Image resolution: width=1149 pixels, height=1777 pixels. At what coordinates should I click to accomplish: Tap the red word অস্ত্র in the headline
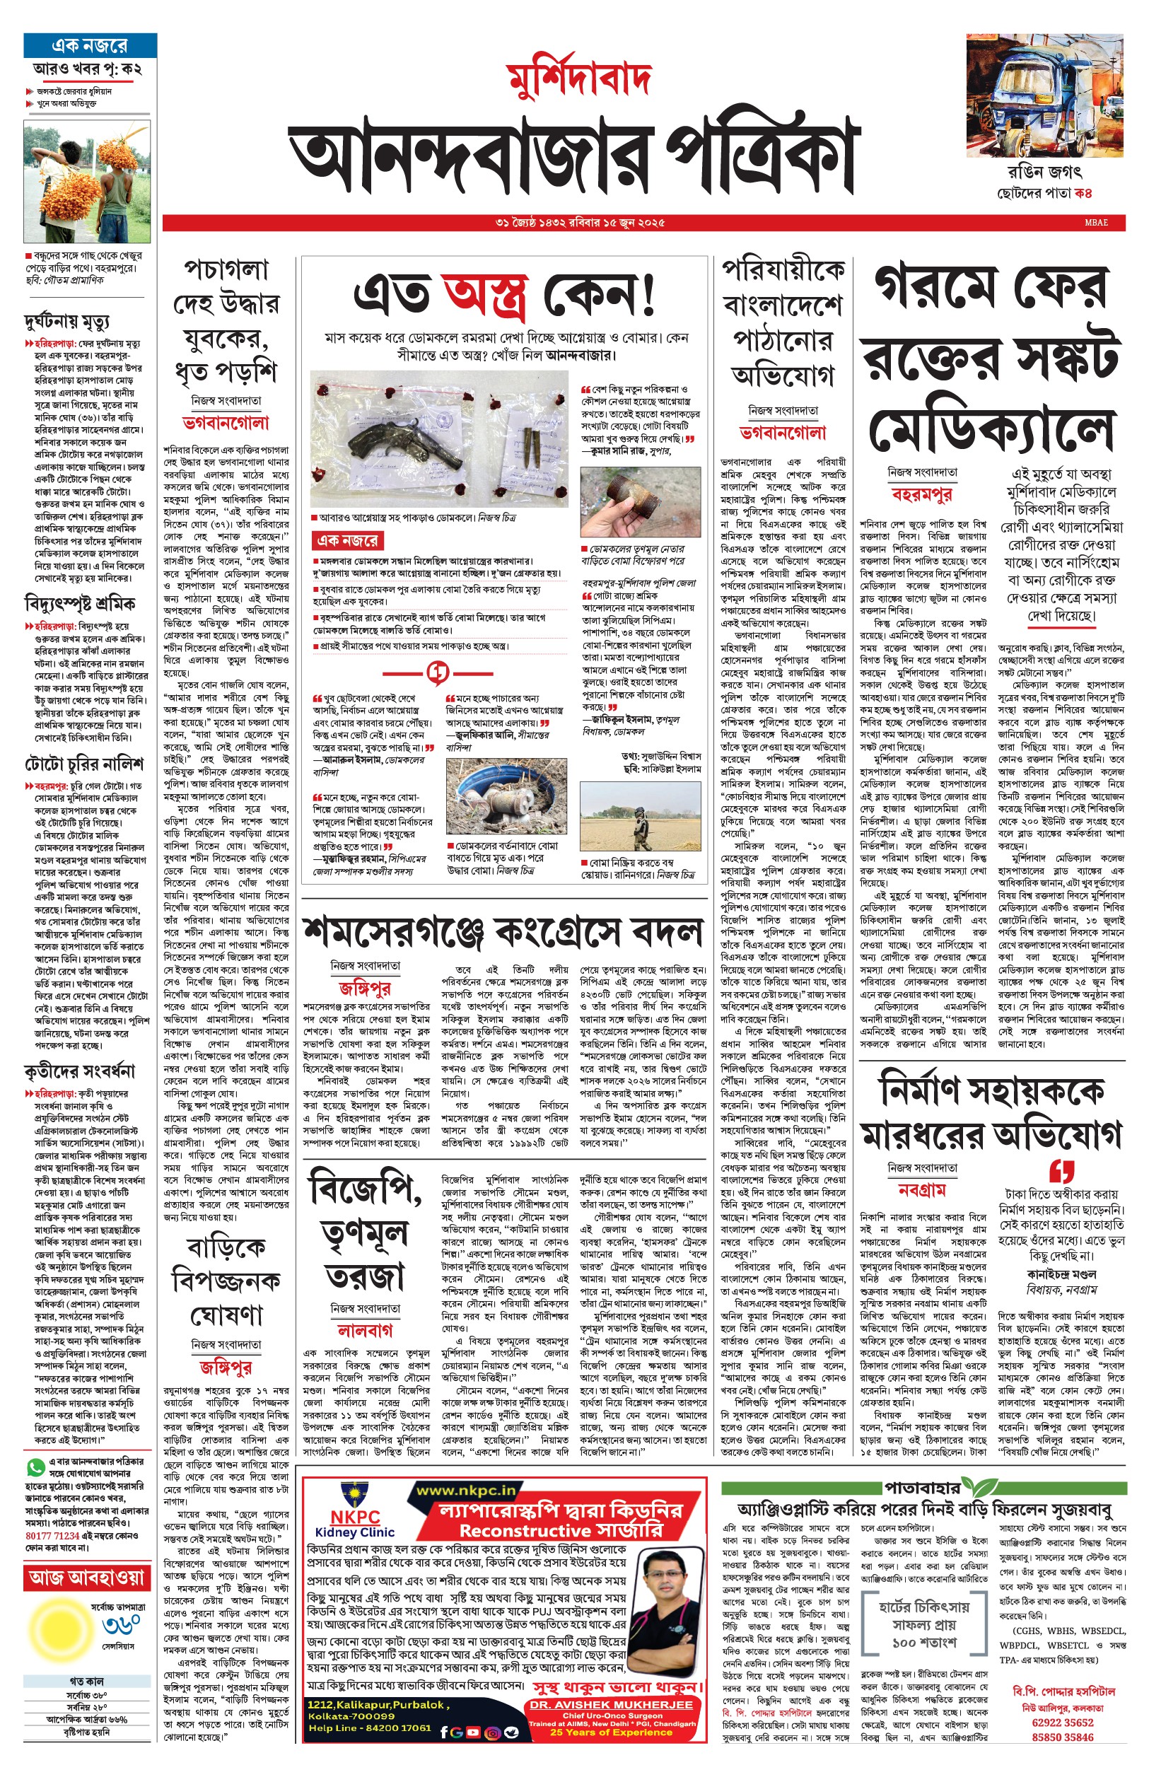pyautogui.click(x=486, y=295)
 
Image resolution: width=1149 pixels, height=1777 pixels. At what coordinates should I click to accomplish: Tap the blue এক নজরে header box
pyautogui.click(x=91, y=45)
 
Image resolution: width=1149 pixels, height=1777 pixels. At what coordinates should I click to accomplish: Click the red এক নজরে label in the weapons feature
pyautogui.click(x=348, y=540)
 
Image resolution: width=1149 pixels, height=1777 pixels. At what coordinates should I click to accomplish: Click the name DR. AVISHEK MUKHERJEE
pyautogui.click(x=611, y=1705)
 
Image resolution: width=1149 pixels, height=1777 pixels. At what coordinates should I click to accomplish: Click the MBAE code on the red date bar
pyautogui.click(x=1096, y=222)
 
